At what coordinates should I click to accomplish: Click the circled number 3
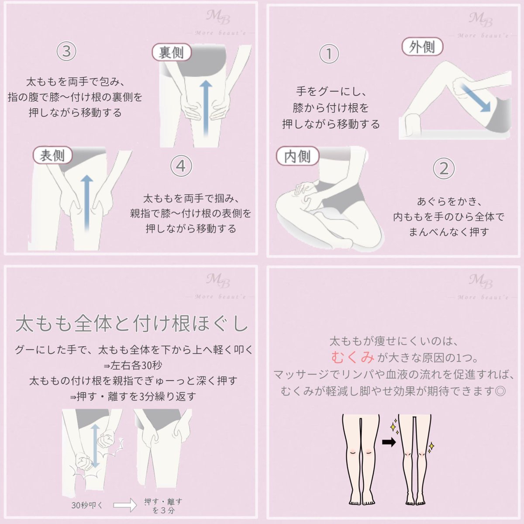66,51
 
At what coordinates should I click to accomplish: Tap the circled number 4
181,166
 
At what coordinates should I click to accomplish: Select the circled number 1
329,54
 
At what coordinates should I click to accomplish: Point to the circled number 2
444,168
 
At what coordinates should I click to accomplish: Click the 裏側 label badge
172,52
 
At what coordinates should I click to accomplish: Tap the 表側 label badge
53,155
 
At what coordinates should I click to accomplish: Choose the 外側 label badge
422,46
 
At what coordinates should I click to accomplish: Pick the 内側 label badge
297,156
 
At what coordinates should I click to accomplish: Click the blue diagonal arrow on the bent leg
475,98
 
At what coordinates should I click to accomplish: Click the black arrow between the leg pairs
389,442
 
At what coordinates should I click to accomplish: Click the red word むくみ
353,357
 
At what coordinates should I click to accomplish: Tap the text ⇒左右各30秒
133,365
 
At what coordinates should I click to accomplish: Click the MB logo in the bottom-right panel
481,282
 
